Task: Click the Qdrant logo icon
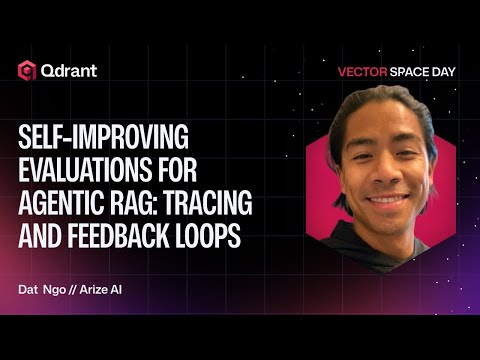27,69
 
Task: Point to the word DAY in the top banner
427,72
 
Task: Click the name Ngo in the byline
52,289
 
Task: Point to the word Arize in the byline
95,289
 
